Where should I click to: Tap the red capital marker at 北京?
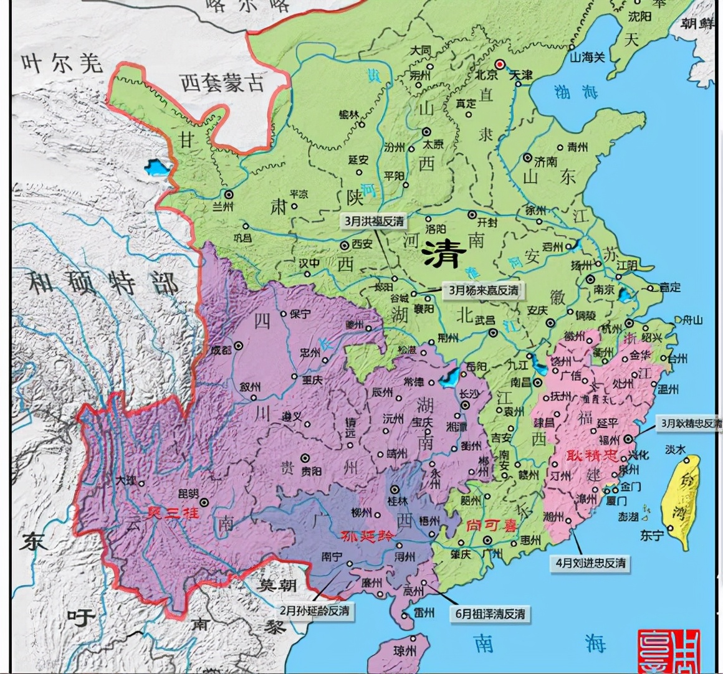point(499,64)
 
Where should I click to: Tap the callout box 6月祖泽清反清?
point(490,614)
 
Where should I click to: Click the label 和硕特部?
point(102,283)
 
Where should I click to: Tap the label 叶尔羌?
point(62,62)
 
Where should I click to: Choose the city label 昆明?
point(189,493)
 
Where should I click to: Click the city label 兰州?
point(223,206)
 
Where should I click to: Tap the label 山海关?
point(588,57)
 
